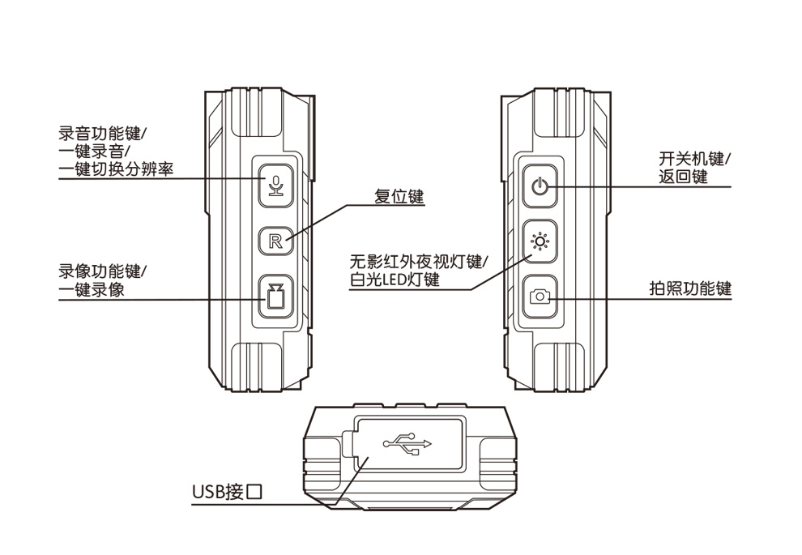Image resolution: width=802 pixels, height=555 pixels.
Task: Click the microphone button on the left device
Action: click(x=275, y=186)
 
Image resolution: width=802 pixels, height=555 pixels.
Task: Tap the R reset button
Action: click(x=275, y=241)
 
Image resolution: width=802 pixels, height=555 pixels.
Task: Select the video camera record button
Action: click(x=275, y=297)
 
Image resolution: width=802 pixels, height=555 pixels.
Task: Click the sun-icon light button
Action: click(x=540, y=241)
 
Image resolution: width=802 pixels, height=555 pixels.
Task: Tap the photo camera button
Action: click(x=540, y=297)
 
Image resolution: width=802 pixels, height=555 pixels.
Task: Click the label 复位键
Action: click(x=399, y=196)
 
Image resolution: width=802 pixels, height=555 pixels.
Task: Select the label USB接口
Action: click(x=228, y=492)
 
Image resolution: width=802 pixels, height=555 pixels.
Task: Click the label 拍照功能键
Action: click(x=690, y=288)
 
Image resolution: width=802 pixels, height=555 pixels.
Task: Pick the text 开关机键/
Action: click(x=694, y=159)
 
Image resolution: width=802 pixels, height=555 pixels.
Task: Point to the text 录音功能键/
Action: click(x=102, y=134)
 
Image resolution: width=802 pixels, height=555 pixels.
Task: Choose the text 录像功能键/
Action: click(x=102, y=271)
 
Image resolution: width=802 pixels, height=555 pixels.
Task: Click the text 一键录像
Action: click(x=92, y=289)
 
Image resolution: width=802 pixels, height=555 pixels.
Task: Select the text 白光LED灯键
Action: click(x=395, y=280)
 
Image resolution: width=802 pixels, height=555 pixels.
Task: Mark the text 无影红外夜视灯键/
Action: click(x=419, y=262)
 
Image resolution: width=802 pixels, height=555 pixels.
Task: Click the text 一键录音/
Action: click(x=94, y=152)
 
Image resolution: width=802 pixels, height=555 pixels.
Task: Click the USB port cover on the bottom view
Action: click(x=409, y=443)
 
